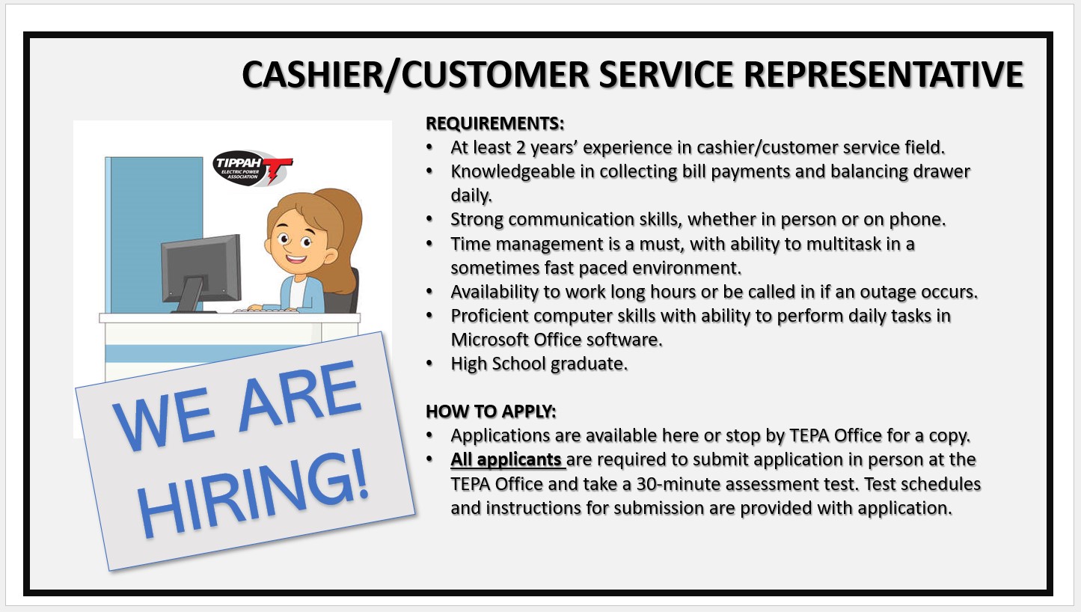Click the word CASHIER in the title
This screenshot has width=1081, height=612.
(312, 74)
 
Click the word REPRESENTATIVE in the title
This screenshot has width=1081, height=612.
(884, 74)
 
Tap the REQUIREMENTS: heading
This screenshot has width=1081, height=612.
(494, 123)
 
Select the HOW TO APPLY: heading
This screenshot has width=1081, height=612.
(491, 411)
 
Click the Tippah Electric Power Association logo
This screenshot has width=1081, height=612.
(252, 168)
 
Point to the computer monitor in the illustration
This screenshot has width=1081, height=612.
(200, 272)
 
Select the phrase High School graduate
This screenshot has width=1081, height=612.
(539, 364)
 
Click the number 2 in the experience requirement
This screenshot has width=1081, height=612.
(520, 147)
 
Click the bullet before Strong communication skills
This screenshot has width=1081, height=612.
(429, 220)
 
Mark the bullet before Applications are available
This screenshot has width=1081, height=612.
(429, 436)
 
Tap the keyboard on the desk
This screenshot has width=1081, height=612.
(265, 310)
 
